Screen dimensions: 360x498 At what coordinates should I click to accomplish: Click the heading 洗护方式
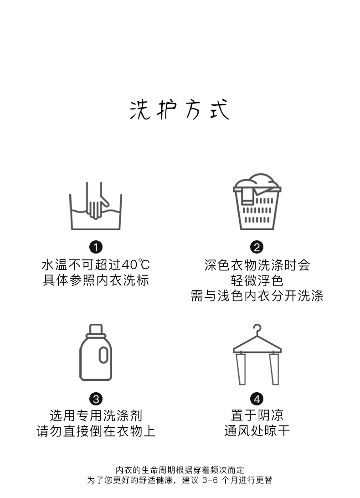coord(180,110)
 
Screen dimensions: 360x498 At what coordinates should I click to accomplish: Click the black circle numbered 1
coord(96,248)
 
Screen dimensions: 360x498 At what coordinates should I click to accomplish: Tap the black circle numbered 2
coord(257,248)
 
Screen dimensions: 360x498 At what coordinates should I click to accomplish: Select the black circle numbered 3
coord(96,399)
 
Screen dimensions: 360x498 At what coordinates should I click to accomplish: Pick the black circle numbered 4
coord(257,399)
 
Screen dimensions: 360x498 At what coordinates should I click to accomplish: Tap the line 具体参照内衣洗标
coord(96,280)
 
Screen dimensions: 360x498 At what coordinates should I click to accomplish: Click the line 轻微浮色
coord(257,280)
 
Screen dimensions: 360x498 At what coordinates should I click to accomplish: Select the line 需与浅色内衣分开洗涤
coord(257,296)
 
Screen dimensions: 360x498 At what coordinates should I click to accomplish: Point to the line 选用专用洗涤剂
coord(96,415)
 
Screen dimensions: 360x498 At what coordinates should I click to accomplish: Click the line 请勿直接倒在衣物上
coord(96,431)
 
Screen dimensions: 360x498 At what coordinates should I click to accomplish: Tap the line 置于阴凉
coord(257,415)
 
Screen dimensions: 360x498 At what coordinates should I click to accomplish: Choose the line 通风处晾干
coord(257,431)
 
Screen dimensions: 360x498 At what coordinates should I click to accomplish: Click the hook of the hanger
coord(257,329)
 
